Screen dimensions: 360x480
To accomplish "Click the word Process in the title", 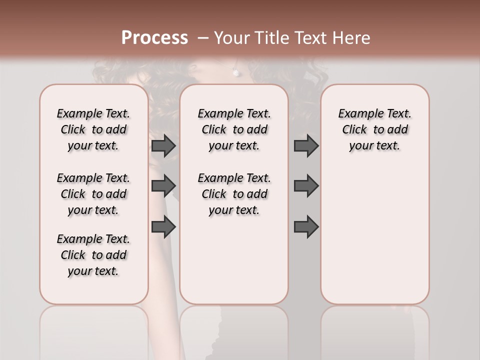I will click(154, 38).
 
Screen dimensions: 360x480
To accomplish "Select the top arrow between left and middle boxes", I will click(163, 145).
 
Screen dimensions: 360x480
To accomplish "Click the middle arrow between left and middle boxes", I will click(163, 186).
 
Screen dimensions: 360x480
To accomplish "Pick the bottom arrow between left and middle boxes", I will click(163, 226).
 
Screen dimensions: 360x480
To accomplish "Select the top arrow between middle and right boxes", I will click(306, 145).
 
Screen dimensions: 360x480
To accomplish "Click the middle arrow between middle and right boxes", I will click(306, 186).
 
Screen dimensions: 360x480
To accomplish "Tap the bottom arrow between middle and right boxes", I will click(306, 226).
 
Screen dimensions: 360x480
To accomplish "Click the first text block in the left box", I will click(93, 129).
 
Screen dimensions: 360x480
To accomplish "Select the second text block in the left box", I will click(93, 194).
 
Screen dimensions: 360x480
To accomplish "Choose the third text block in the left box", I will click(93, 255).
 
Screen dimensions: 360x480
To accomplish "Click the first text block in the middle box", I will click(234, 129).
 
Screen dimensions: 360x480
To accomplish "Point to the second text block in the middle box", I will click(234, 194).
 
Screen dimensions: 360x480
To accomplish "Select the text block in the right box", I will click(374, 129).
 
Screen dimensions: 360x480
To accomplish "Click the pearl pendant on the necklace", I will click(235, 73).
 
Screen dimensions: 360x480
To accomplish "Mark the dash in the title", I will click(203, 38).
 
